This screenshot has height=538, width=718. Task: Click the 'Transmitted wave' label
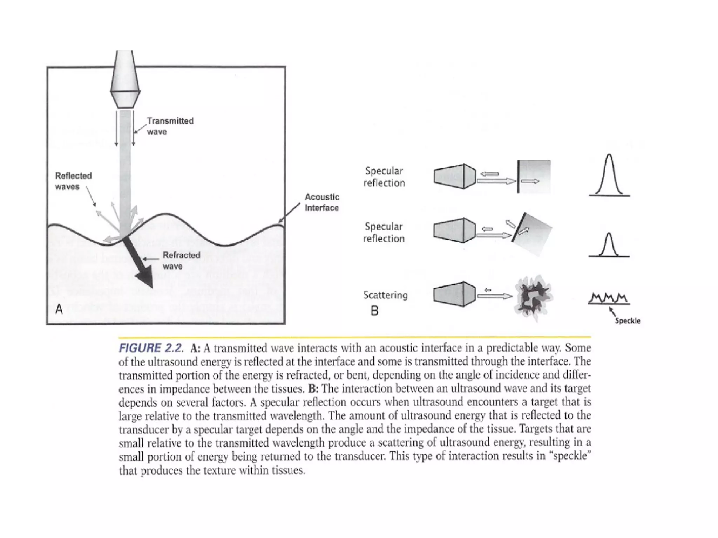point(170,126)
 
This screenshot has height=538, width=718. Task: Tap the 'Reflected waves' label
point(73,181)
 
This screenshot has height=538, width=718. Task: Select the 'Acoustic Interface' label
point(321,202)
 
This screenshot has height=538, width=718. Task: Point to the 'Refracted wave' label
point(181,261)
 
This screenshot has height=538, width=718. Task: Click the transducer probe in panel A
point(125,81)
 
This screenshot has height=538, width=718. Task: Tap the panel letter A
point(59,310)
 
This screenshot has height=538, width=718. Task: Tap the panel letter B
point(374,311)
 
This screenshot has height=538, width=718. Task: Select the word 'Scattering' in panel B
point(385,295)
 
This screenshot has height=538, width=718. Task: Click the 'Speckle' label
point(628,321)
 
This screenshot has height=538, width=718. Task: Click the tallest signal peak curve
point(609,175)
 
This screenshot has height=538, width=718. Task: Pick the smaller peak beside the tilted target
point(609,245)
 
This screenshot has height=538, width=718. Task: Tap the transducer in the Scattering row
point(454,294)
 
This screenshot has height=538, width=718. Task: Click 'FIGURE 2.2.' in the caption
point(151,348)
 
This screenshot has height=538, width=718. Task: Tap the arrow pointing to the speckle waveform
point(612,311)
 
